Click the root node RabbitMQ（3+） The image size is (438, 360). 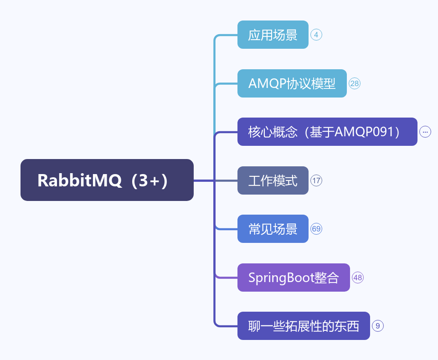107,180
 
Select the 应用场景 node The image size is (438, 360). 273,35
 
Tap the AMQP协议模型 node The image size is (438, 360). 292,83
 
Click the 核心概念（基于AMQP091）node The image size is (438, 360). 327,132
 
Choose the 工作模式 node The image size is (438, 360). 273,180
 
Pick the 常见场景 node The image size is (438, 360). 273,229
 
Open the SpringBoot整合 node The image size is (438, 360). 294,278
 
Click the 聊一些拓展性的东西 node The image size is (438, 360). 304,326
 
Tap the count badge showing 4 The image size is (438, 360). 316,35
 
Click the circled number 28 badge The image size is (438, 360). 355,83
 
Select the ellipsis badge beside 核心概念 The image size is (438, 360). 425,132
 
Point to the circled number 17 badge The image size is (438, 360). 316,180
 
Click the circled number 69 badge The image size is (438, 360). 316,229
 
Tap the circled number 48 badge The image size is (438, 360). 358,278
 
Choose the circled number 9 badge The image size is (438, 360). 378,326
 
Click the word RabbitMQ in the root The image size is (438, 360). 80,180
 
